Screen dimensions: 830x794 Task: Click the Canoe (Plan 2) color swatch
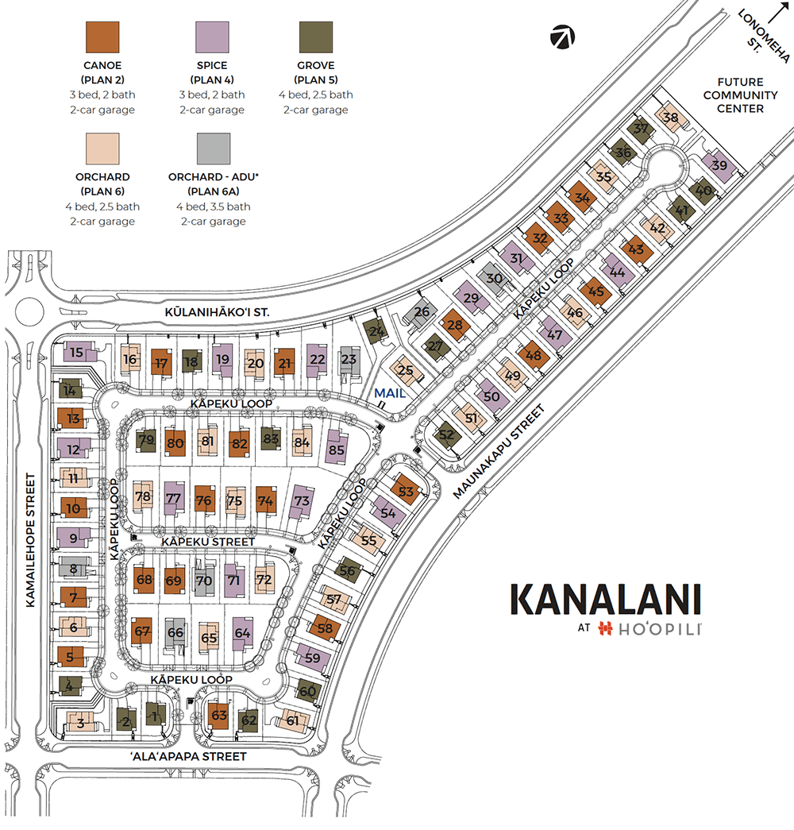102,37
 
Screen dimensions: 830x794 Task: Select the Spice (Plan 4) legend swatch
214,37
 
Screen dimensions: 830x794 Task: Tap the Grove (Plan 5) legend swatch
315,37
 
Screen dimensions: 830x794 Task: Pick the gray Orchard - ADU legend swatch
214,149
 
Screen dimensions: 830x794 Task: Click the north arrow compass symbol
562,37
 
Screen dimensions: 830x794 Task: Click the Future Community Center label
740,95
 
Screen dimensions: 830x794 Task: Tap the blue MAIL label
390,393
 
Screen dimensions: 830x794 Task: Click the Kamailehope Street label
31,541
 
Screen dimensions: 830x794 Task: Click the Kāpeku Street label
207,542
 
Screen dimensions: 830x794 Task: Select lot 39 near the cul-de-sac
719,165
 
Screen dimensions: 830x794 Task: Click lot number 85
337,449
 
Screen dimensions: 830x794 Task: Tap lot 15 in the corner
76,352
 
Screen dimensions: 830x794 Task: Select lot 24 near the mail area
377,330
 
